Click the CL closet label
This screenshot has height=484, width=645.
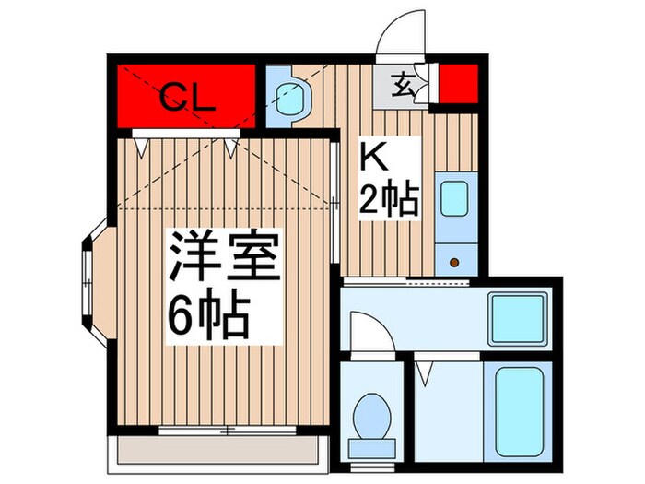coord(188,96)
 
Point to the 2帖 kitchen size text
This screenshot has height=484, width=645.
coord(389,198)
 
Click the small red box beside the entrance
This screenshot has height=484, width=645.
coord(456,86)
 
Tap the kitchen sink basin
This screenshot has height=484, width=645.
coord(453,198)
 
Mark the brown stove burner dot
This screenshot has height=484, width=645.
coord(455,263)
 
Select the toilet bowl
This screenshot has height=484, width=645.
coord(373,417)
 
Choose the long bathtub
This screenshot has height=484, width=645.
coord(522,411)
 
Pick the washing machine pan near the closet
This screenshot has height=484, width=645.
coord(291,95)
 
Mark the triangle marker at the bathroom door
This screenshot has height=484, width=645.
coord(424,373)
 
